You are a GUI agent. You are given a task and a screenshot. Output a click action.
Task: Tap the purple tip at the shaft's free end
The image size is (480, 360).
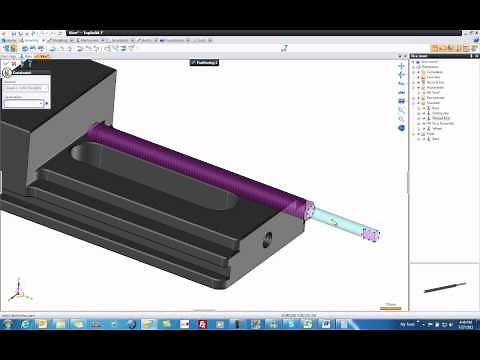tap(371, 236)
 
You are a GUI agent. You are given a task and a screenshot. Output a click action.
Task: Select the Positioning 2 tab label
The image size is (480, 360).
tap(206, 62)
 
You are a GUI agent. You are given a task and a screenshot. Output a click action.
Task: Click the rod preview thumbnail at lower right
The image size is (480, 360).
tap(443, 287)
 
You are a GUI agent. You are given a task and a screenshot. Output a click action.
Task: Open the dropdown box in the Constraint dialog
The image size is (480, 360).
tap(30, 102)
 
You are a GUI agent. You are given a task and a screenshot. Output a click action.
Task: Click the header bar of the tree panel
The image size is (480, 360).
tap(443, 56)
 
